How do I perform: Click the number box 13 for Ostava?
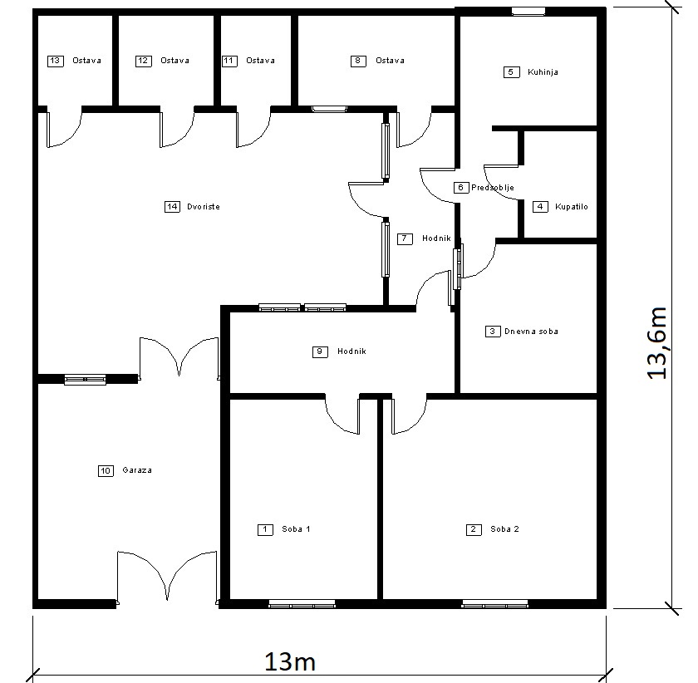pyautogui.click(x=55, y=61)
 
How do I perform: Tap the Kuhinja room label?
pyautogui.click(x=543, y=72)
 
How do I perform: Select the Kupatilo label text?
pyautogui.click(x=571, y=207)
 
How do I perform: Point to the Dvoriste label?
pyautogui.click(x=204, y=207)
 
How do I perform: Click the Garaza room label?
pyautogui.click(x=137, y=470)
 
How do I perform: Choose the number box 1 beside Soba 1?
pyautogui.click(x=265, y=529)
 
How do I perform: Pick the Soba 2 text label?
pyautogui.click(x=505, y=529)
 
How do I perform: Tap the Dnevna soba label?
pyautogui.click(x=531, y=332)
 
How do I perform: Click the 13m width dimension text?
pyautogui.click(x=290, y=661)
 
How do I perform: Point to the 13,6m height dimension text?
pyautogui.click(x=657, y=343)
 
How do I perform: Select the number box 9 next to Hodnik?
pyautogui.click(x=320, y=352)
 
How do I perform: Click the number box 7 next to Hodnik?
pyautogui.click(x=405, y=239)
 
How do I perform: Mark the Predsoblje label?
pyautogui.click(x=493, y=188)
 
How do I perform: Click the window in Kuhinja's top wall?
pyautogui.click(x=528, y=12)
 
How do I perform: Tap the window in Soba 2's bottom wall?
pyautogui.click(x=494, y=604)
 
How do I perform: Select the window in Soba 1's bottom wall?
pyautogui.click(x=302, y=604)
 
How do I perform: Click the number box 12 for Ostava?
pyautogui.click(x=143, y=61)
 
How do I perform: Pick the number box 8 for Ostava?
pyautogui.click(x=358, y=61)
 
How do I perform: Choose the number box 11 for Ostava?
pyautogui.click(x=229, y=61)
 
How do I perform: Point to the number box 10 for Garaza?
pyautogui.click(x=106, y=471)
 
